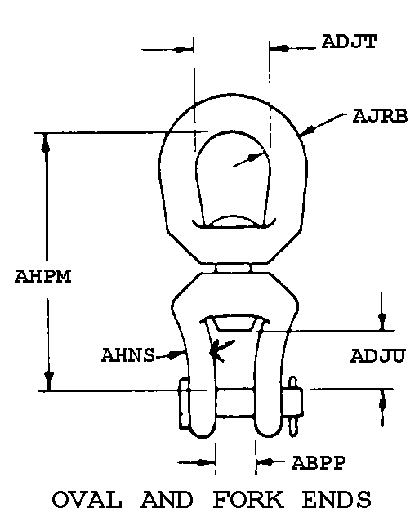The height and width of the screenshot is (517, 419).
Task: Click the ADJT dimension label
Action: point(349,42)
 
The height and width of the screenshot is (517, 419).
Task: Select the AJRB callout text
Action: point(380,116)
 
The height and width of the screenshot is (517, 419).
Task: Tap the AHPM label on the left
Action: point(42,276)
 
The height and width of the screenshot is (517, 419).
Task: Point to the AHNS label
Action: point(128,355)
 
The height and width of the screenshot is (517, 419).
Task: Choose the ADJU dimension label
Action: point(377,356)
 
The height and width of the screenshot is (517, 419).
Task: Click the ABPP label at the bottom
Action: point(319,462)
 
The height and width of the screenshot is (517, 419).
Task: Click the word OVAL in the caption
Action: point(87,499)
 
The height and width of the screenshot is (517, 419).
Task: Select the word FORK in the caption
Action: point(248,499)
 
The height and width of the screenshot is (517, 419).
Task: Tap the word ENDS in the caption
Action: point(337,499)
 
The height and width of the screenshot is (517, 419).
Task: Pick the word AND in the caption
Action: point(167,499)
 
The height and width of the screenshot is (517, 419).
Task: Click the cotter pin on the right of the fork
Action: point(292,407)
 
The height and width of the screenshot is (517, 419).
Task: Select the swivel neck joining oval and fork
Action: point(234,268)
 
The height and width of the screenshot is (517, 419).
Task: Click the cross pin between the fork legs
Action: point(235,404)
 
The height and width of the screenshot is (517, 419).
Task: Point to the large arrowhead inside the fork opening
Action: point(219,351)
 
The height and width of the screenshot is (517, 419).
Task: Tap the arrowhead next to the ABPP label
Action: point(266,462)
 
